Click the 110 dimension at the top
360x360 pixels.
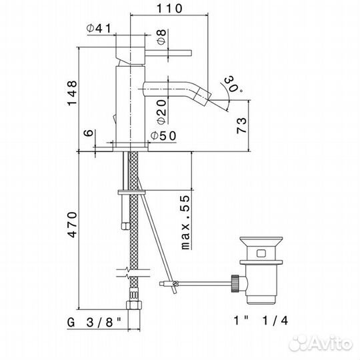point(169,9)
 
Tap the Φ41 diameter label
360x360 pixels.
point(99,28)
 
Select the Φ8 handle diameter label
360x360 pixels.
point(161,37)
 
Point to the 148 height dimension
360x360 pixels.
point(72,93)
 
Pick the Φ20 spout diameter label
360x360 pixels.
point(161,112)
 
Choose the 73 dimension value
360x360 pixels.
point(241,125)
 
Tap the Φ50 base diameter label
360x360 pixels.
point(163,136)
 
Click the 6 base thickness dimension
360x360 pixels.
point(89,133)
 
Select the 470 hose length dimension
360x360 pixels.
point(72,225)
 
